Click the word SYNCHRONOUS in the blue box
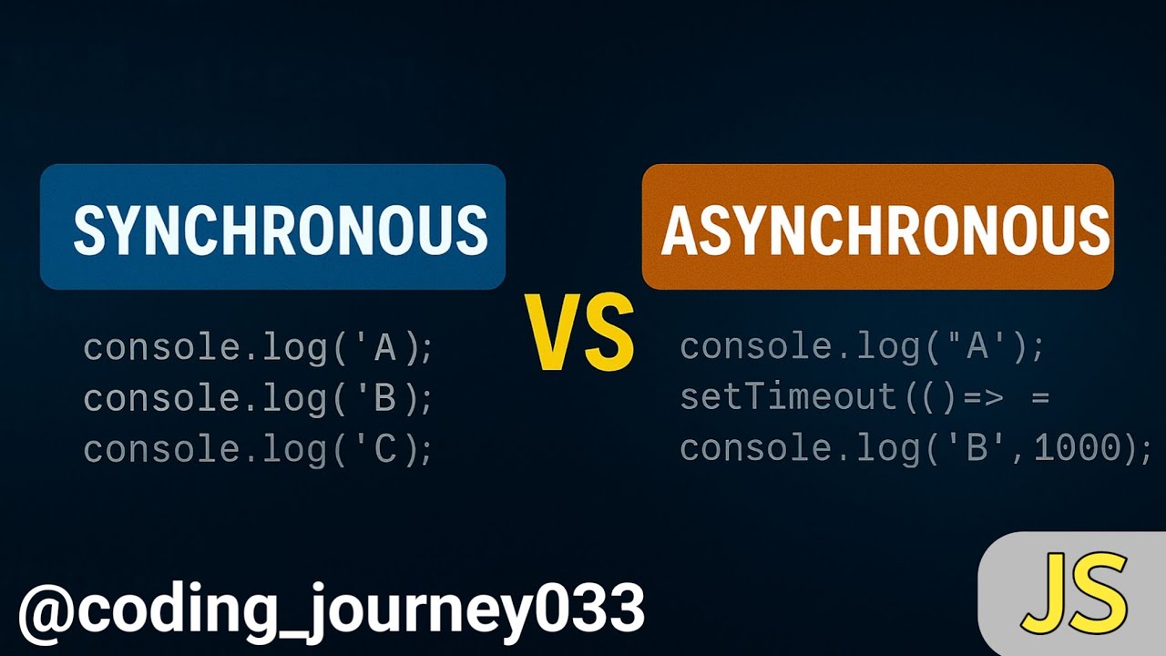point(280,229)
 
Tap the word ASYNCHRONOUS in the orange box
point(885,230)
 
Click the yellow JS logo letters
point(1074,593)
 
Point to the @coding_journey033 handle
point(332,609)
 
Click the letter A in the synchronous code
point(384,347)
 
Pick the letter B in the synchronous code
point(384,398)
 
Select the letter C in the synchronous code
point(384,449)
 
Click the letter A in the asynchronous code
point(979,347)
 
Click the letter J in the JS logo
point(1047,593)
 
